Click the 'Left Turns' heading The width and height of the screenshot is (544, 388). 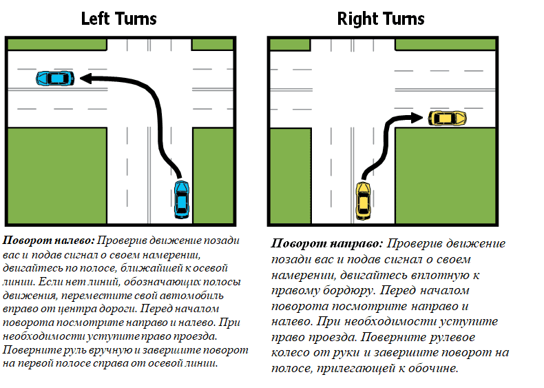coord(118,19)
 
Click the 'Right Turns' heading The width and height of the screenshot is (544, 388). coord(381,19)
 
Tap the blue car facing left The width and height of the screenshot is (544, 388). coord(55,79)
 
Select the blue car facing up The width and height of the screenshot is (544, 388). coord(182,199)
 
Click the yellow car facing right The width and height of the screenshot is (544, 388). coord(447,118)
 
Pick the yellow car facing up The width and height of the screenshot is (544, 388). coord(364,201)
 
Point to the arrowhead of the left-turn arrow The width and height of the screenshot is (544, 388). coord(86,79)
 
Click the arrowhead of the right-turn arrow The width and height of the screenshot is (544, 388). coord(417,118)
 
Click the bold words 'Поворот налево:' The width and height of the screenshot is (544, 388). coord(49,241)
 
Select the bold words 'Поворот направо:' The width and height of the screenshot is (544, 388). coord(327,243)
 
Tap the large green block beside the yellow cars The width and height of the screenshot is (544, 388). coord(446,176)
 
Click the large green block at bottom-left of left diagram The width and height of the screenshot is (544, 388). coord(57,176)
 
